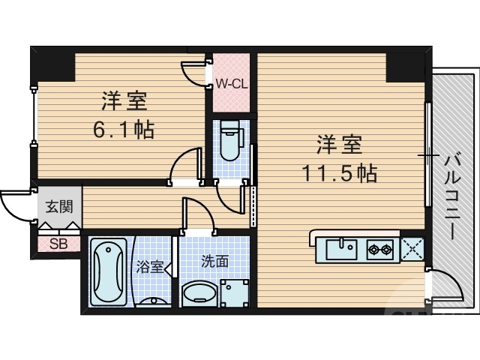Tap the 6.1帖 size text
click(x=124, y=129)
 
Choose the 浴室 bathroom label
click(x=149, y=266)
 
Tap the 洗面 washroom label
click(x=214, y=261)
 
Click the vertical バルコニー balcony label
click(x=451, y=196)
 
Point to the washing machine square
click(x=235, y=293)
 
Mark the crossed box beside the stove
click(x=412, y=248)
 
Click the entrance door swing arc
click(x=15, y=205)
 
